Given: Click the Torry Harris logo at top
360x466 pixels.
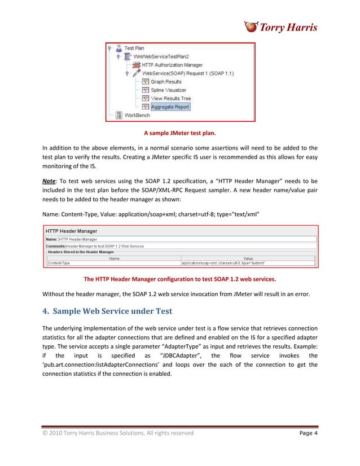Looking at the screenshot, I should pos(280,27).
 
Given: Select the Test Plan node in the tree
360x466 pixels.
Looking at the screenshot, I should pos(134,49).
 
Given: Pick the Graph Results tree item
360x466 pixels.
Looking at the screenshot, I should pos(165,82).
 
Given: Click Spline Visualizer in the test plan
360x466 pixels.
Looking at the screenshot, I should pos(168,90).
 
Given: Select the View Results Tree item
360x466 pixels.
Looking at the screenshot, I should pos(170,98).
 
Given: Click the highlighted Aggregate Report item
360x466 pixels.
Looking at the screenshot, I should pos(170,106).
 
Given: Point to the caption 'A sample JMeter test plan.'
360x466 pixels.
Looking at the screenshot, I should pos(179,134).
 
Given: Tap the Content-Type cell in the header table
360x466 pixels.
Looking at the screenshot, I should pos(59,263).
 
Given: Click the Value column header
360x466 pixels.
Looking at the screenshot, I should pos(248,258).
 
